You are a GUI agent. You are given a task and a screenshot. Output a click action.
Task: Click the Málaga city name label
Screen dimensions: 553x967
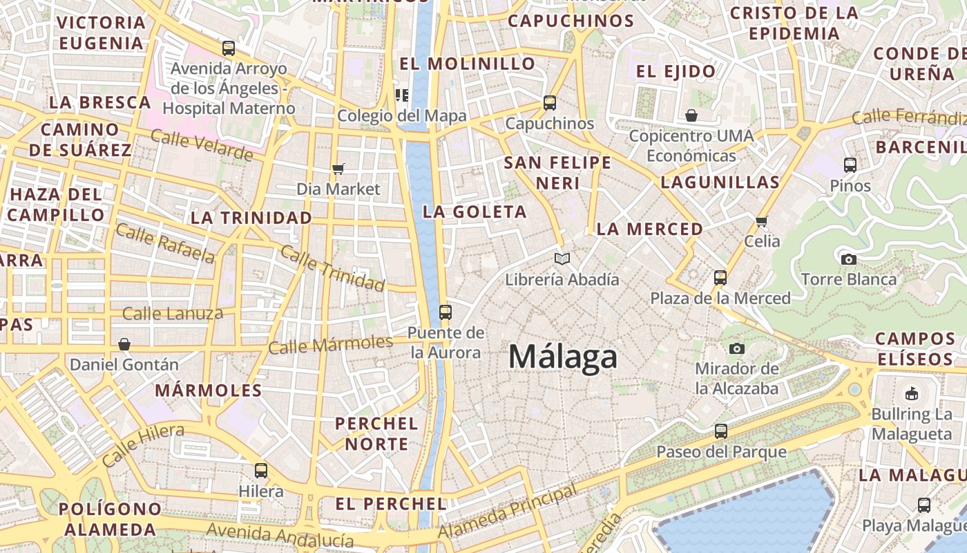coord(563,357)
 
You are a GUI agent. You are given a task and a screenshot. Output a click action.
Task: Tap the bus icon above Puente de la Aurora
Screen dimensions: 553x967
coord(446,312)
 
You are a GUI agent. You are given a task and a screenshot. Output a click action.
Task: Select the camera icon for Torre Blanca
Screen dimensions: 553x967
coord(849,259)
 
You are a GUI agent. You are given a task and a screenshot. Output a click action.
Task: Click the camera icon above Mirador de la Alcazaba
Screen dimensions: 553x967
coord(737,348)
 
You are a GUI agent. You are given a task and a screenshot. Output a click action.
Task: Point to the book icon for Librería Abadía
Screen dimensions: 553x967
coord(562,259)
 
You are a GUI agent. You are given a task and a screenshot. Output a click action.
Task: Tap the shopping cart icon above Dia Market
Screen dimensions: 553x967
coord(338,169)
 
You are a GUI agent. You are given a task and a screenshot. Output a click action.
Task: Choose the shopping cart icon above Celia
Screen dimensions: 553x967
coord(761,221)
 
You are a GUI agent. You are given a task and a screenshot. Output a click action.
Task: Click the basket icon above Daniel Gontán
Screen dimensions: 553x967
coord(124,344)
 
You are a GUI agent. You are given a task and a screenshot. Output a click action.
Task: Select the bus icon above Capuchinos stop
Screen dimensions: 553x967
coord(550,103)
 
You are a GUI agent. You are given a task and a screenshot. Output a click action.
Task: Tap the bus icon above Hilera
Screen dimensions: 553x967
coord(261,471)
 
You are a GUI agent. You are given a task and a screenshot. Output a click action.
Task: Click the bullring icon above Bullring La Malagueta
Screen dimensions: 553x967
coord(912,393)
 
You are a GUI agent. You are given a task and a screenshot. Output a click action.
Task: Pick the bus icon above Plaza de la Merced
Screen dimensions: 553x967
coord(720,278)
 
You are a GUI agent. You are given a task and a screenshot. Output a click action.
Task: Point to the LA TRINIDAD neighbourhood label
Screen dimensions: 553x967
coord(251,218)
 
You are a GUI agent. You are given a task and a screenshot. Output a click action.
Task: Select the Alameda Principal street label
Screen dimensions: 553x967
coord(508,512)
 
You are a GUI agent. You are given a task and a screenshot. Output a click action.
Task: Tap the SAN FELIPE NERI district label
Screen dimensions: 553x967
coord(557,173)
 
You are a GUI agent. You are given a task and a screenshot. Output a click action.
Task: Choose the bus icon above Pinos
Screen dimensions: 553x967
coord(850,165)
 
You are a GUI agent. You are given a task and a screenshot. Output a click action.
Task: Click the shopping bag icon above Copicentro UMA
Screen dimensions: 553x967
coord(691,115)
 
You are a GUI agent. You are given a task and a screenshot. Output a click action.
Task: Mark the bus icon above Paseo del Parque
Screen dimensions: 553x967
coord(721,431)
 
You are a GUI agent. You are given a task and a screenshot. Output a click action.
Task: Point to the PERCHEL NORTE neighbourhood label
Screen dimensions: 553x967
coord(376,433)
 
